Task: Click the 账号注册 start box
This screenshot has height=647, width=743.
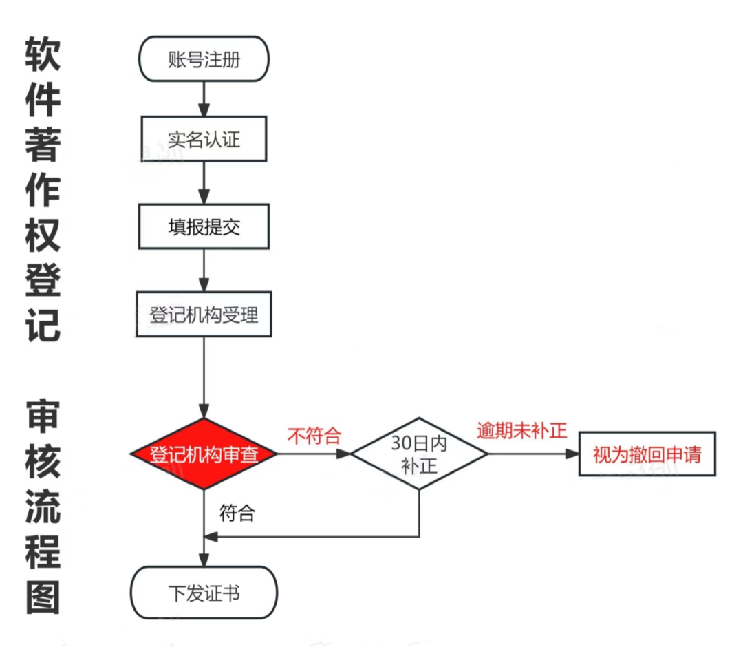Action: [204, 59]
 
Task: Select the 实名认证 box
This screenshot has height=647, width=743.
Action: [204, 140]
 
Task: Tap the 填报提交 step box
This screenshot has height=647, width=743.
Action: [204, 226]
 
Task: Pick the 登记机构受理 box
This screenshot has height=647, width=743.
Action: [204, 315]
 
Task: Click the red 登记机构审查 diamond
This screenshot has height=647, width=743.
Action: [204, 454]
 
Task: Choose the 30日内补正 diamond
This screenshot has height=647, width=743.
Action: [419, 454]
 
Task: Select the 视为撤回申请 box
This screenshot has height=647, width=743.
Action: [647, 454]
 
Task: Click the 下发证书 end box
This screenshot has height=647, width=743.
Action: [204, 593]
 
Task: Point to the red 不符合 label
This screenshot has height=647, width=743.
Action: [314, 436]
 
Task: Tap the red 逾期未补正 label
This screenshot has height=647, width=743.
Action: [522, 431]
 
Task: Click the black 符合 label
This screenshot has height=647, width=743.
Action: [237, 513]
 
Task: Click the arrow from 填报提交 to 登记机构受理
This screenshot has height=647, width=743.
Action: [204, 270]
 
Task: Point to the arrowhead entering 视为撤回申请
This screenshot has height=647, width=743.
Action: [572, 454]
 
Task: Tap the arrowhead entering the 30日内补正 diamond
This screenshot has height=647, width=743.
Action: [344, 454]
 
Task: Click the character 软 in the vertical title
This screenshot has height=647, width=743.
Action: [43, 54]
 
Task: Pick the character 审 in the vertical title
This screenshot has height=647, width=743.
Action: [43, 420]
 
